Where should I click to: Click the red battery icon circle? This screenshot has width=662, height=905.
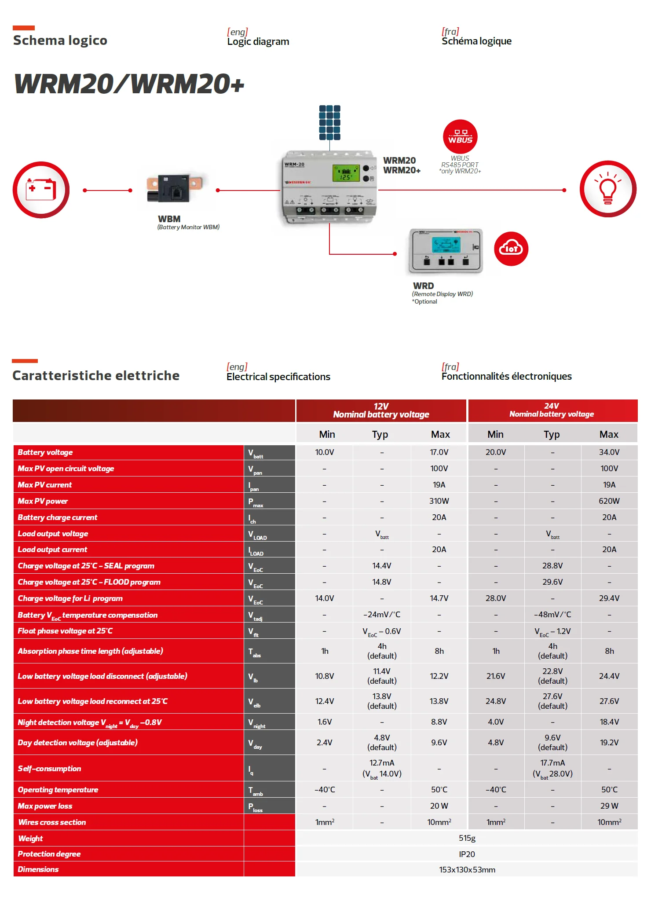[x=41, y=190]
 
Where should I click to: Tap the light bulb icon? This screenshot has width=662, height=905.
[x=608, y=189]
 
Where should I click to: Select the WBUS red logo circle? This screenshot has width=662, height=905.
[x=460, y=137]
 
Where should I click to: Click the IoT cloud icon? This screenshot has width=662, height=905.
[x=511, y=249]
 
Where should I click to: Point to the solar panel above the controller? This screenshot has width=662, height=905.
[x=330, y=122]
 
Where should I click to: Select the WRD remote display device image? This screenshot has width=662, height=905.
[x=446, y=251]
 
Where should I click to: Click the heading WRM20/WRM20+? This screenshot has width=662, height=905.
[x=129, y=84]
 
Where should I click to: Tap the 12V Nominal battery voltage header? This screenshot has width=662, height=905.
[x=381, y=410]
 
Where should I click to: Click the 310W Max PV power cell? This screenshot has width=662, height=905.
[x=439, y=501]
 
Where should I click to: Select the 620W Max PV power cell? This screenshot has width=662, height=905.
[x=609, y=501]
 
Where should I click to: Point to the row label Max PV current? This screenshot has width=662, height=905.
[x=45, y=485]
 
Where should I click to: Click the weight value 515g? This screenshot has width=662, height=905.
[x=467, y=838]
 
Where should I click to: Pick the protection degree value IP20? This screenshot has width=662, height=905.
[x=467, y=854]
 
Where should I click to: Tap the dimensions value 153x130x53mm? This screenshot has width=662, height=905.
[x=467, y=870]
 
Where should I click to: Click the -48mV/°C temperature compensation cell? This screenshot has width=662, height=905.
[x=552, y=615]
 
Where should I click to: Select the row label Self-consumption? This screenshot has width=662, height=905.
[x=49, y=769]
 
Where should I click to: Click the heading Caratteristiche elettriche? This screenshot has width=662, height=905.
[x=96, y=375]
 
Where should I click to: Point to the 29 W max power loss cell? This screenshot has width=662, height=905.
[x=609, y=806]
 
